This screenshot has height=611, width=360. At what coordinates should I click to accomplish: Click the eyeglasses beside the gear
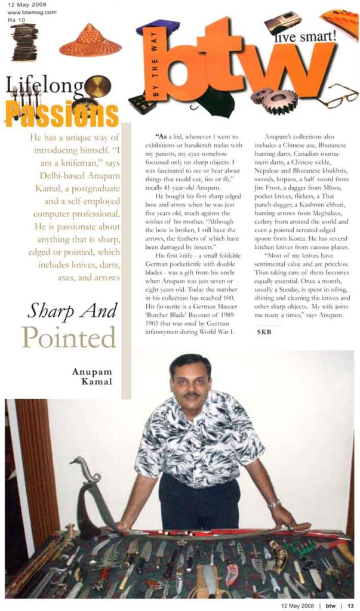tap(337, 95)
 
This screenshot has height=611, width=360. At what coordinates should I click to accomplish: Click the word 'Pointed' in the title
tap(69, 337)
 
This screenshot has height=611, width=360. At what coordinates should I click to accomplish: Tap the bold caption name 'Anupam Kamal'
tap(93, 376)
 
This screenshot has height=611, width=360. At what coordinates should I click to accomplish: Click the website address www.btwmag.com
tap(33, 11)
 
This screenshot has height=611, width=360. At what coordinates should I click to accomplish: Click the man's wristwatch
tap(273, 504)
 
